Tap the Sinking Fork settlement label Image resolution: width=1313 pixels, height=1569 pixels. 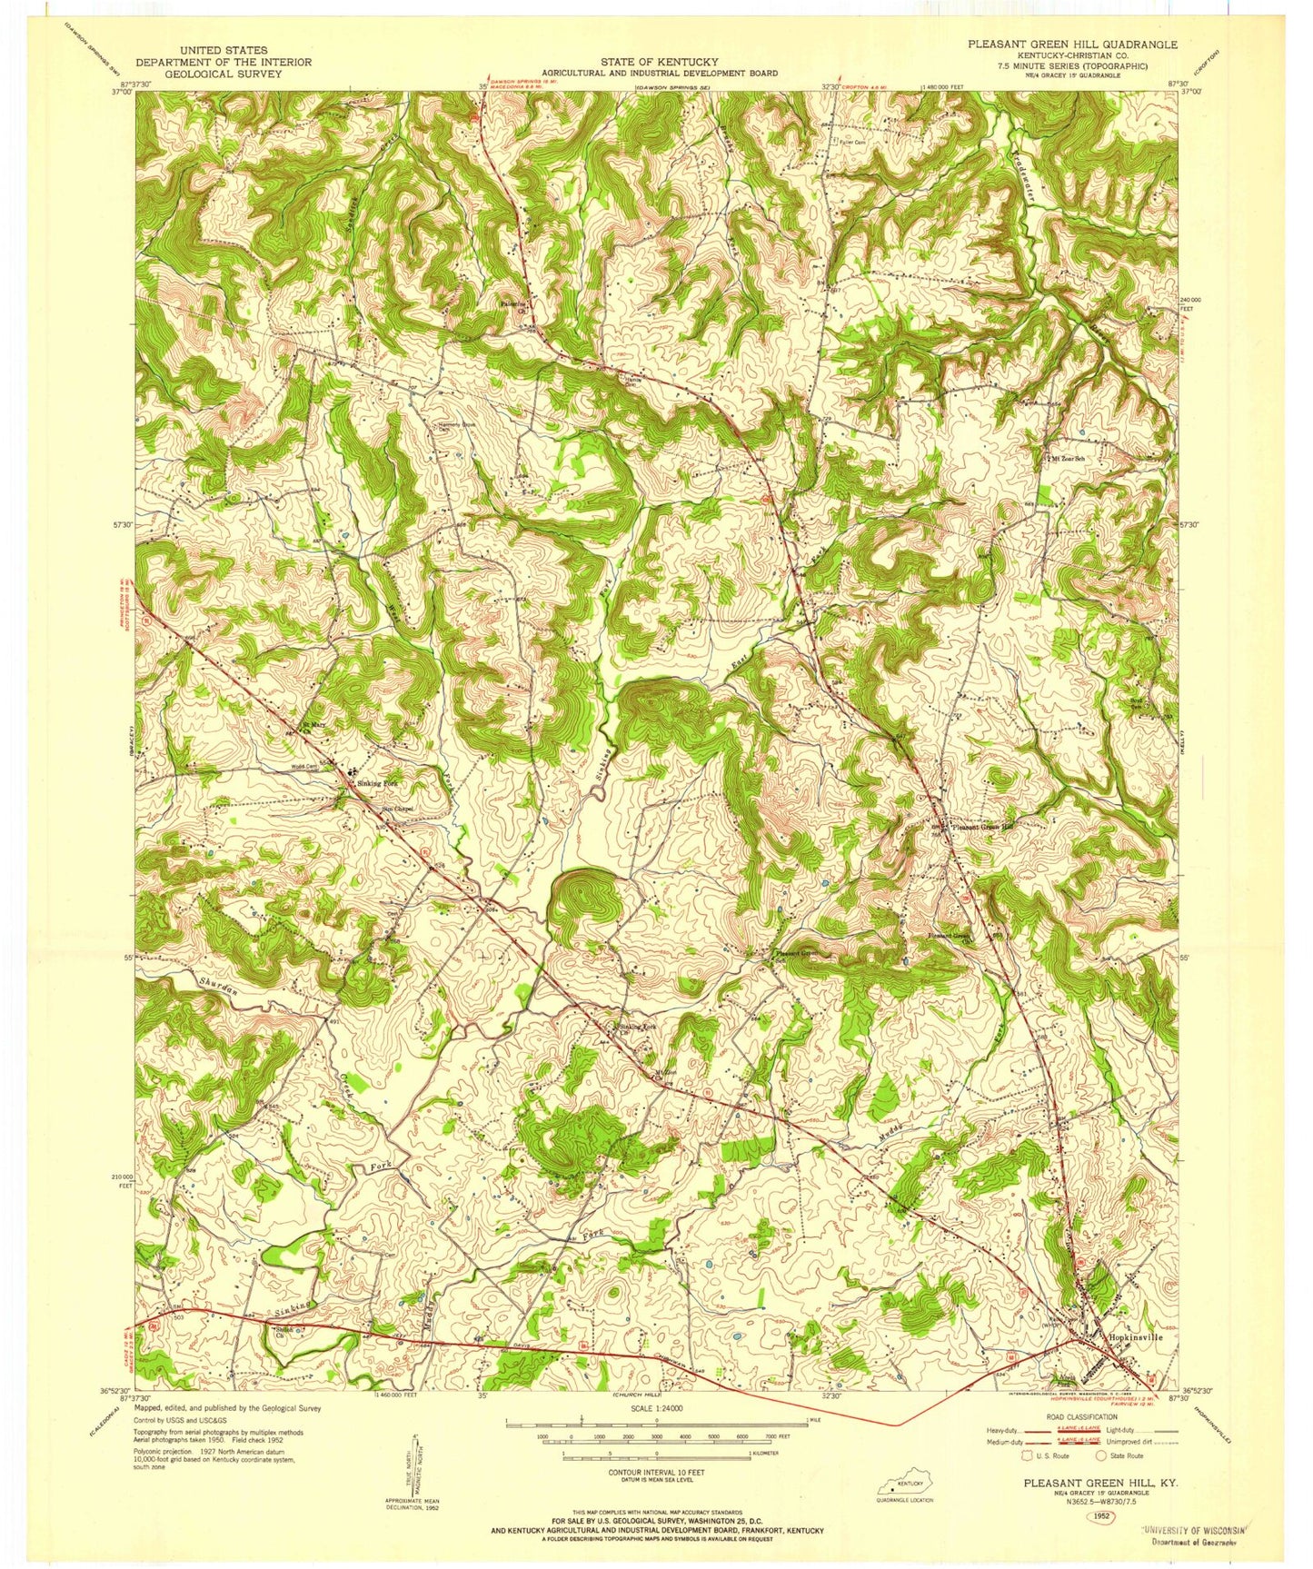[x=377, y=782]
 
